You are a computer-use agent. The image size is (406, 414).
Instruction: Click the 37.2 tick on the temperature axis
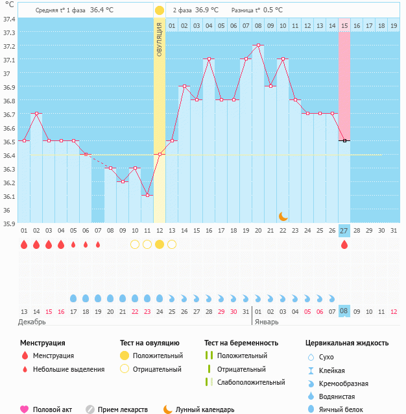tap(9, 46)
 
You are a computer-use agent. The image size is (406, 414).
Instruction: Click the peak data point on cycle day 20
tap(258, 45)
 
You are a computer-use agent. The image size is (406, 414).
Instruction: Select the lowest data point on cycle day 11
tap(147, 196)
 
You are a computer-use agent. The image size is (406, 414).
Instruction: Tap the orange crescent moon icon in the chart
tap(283, 216)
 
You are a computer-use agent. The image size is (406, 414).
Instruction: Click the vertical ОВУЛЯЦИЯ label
tap(160, 40)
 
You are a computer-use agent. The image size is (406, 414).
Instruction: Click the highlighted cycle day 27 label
tap(344, 231)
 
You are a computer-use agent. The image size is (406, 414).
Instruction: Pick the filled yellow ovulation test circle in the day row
tap(160, 244)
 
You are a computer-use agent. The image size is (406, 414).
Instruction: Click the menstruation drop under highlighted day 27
tap(344, 244)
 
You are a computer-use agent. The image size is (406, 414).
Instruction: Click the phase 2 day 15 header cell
tap(344, 25)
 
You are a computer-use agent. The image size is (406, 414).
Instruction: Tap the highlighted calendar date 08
tap(344, 311)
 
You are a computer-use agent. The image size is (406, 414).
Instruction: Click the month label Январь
tap(267, 322)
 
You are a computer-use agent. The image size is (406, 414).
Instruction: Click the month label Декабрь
tap(32, 322)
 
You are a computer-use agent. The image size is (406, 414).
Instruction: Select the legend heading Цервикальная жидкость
tap(347, 343)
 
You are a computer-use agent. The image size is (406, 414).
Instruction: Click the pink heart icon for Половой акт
tap(25, 409)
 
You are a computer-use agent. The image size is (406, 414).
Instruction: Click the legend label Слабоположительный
tap(250, 382)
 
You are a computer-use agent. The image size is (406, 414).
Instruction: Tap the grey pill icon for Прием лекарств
tap(90, 409)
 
